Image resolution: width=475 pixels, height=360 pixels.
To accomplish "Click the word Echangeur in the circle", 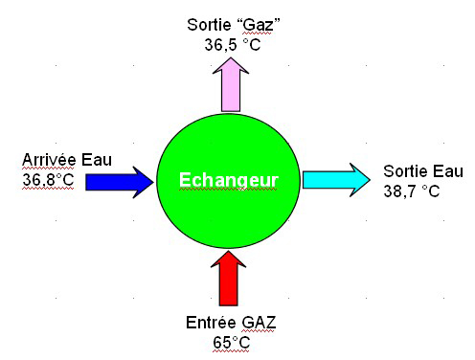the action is coord(230,180).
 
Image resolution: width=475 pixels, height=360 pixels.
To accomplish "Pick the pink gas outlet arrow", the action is coord(231,85).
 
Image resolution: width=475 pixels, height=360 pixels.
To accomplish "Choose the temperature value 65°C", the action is coord(230,340).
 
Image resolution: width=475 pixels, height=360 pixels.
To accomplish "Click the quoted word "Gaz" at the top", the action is coord(259,25).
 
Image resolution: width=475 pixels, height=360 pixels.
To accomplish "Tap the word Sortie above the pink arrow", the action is coord(210,25).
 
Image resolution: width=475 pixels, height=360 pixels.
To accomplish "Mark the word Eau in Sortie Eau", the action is coord(447,171).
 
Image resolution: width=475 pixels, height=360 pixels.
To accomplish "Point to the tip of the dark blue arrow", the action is coord(152,180).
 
